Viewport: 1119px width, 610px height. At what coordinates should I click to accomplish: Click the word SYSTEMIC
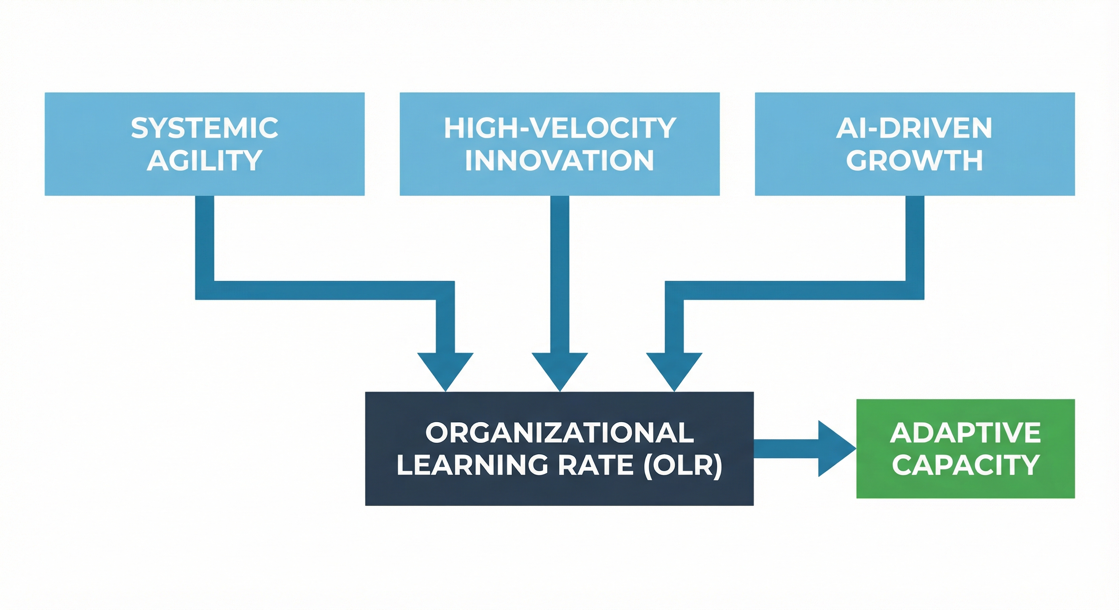(205, 128)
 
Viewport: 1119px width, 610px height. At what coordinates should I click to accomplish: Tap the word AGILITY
(205, 160)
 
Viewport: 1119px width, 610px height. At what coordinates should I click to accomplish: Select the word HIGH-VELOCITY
(559, 128)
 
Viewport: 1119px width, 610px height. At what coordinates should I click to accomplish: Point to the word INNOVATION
(559, 160)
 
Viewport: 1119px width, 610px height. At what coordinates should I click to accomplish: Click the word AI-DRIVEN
(914, 128)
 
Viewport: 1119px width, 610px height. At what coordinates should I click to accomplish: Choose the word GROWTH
(914, 160)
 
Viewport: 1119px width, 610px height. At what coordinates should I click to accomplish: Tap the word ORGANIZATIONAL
(559, 433)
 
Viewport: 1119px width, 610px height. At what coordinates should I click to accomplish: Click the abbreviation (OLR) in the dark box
(683, 465)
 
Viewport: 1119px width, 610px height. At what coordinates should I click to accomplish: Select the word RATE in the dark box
(595, 465)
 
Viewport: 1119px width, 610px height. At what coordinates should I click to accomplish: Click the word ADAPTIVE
(965, 433)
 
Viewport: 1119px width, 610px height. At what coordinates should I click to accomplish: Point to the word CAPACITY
(965, 465)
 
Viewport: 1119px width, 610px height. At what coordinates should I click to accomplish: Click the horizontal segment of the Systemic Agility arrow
(326, 290)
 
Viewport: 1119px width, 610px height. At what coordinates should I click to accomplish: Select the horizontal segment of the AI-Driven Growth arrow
(795, 290)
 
